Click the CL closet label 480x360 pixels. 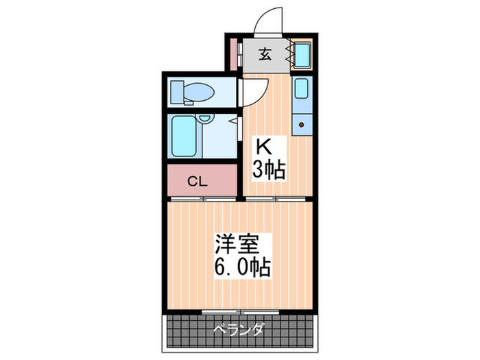pos(197,182)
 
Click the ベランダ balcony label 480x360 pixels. pos(240,329)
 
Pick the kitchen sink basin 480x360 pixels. pos(302,88)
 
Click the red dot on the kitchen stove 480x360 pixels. pos(302,125)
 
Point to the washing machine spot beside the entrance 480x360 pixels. pos(302,53)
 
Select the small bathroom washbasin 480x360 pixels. pos(204,121)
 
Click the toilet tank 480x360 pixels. pos(176,90)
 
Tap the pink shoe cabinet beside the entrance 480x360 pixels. pos(234,53)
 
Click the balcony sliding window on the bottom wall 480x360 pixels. pos(240,312)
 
